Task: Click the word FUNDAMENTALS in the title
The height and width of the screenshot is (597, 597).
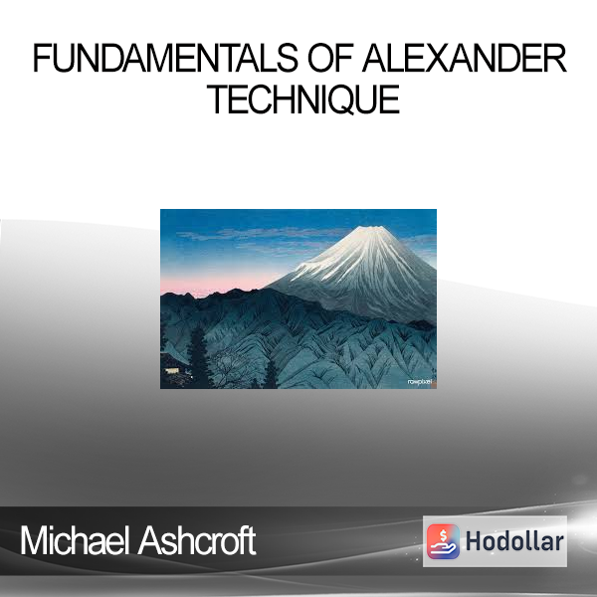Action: [x=165, y=58]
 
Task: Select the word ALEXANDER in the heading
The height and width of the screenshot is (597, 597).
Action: [x=465, y=58]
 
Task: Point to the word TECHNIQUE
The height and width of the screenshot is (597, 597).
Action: [x=303, y=99]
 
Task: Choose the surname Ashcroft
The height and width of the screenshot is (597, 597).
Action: [x=197, y=540]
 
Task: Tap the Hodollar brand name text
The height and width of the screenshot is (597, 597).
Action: [x=514, y=541]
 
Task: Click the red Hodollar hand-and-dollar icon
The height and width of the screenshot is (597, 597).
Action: [x=443, y=541]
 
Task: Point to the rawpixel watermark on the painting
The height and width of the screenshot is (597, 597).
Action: [x=420, y=381]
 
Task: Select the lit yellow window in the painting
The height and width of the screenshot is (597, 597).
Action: [x=172, y=370]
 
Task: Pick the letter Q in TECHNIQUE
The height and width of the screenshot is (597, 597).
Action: [x=348, y=100]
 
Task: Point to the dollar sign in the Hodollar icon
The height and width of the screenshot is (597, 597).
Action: [x=443, y=536]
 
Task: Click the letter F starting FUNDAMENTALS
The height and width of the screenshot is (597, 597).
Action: [x=41, y=58]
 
